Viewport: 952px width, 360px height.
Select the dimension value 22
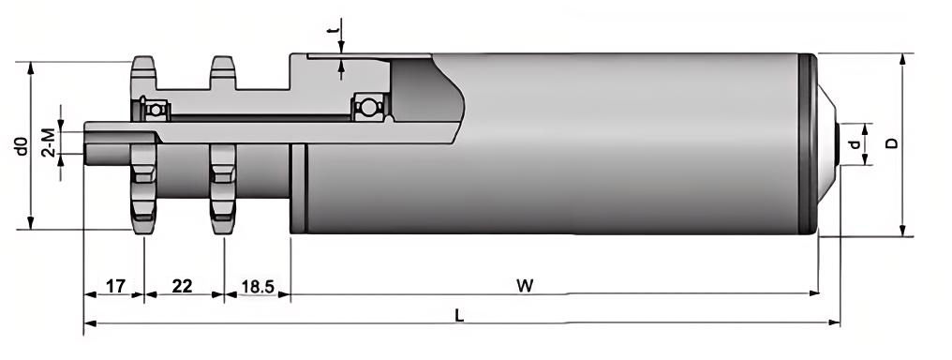(183, 285)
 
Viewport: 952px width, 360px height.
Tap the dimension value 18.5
(257, 285)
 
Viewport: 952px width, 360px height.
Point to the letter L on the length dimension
(458, 316)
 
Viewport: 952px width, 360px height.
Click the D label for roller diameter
(892, 143)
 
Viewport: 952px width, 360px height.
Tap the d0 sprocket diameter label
(21, 145)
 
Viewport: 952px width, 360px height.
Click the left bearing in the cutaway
(155, 109)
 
